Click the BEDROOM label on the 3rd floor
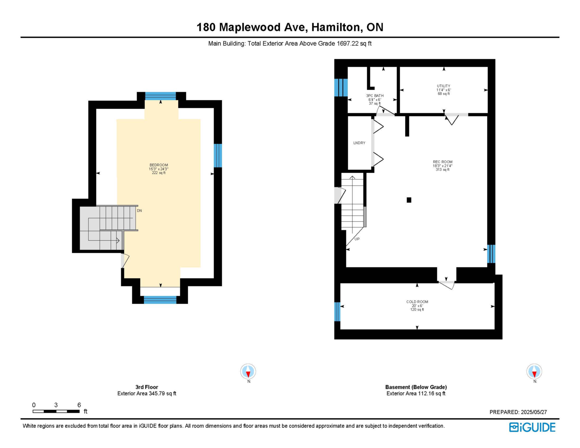(158, 165)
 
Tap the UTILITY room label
(443, 86)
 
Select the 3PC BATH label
(375, 96)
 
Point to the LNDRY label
(359, 143)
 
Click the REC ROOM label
(443, 162)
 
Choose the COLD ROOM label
(417, 302)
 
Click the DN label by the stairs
(139, 211)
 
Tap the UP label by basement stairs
(357, 239)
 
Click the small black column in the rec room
(409, 200)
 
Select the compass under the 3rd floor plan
(248, 371)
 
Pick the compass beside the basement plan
(534, 371)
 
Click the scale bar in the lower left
(56, 411)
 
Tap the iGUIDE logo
(532, 427)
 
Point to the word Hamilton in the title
(337, 27)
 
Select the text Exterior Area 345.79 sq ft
(147, 393)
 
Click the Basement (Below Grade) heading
(416, 387)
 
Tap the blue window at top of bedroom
(161, 96)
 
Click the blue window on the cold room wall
(337, 312)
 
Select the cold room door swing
(446, 286)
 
